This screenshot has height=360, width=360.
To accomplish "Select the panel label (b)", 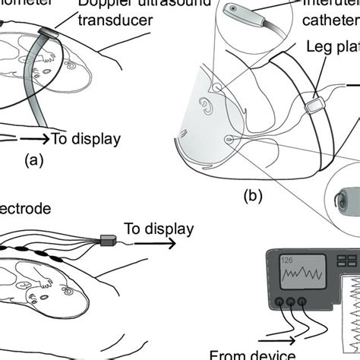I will (254, 196).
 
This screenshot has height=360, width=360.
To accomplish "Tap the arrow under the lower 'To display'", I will (156, 244).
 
